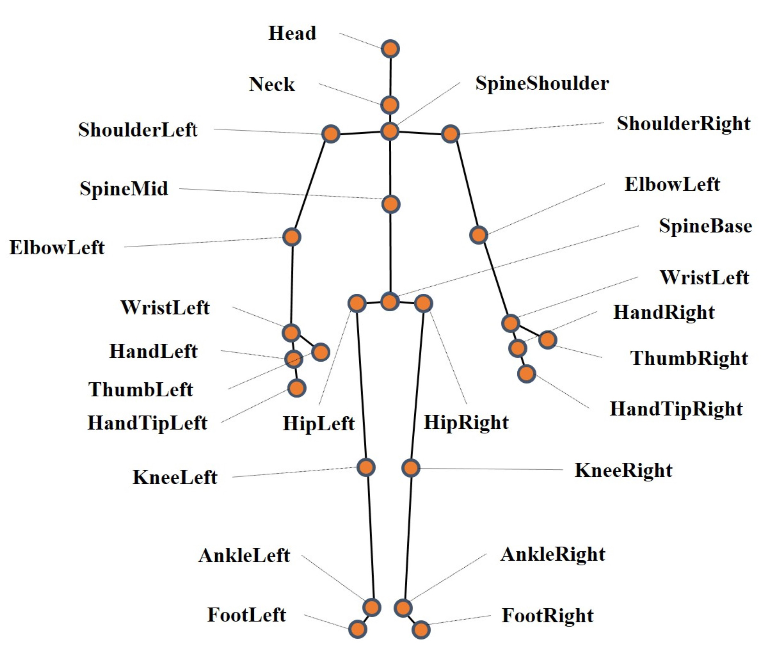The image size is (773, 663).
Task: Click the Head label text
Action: [x=292, y=33]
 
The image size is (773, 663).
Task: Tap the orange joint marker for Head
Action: [x=390, y=49]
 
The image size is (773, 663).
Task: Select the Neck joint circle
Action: [x=390, y=105]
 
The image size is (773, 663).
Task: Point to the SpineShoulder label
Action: [x=542, y=83]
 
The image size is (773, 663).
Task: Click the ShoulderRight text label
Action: [x=683, y=124]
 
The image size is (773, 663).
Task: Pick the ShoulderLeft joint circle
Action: [x=331, y=133]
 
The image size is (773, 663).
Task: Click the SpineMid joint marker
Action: [x=391, y=204]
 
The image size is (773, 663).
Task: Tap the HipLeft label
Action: [x=319, y=423]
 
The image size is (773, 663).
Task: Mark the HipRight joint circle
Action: [x=423, y=303]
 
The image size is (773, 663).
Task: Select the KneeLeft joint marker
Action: [x=366, y=467]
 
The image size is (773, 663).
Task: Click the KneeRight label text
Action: [x=623, y=470]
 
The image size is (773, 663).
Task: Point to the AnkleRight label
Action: [x=553, y=555]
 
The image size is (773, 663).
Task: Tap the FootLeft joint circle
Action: [x=357, y=629]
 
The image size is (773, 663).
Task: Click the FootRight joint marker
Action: [x=421, y=630]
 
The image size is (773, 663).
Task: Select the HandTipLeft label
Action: [x=147, y=423]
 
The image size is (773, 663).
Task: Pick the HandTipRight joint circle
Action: [x=526, y=373]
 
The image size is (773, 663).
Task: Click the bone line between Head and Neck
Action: [x=390, y=77]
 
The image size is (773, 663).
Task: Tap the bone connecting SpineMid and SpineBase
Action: [x=390, y=254]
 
